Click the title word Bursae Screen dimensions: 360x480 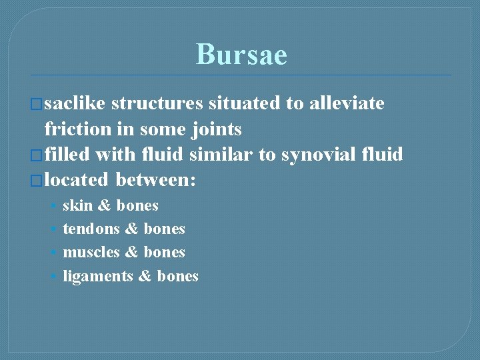pos(241,55)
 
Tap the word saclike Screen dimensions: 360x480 pos(75,103)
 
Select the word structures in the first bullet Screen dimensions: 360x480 pos(157,103)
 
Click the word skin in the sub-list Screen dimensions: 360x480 pos(77,205)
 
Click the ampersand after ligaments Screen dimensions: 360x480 pos(145,276)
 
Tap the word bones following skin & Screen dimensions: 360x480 pos(137,205)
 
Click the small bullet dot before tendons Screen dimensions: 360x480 pos(53,229)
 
